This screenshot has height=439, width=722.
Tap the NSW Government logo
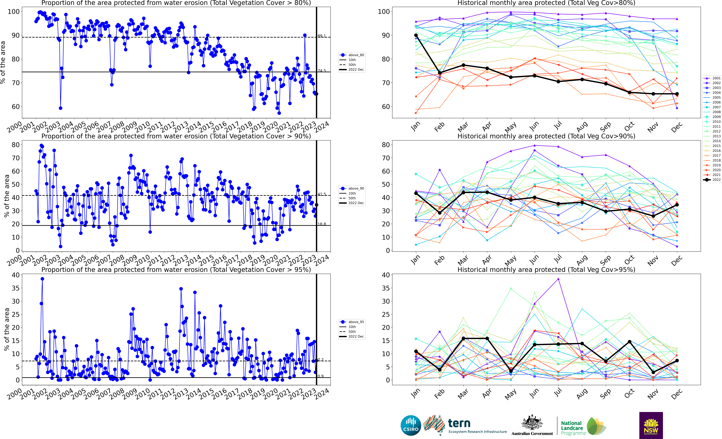click(651, 425)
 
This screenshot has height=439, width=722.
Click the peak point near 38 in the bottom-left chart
click(43, 279)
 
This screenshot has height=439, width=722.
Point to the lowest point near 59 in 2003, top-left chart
click(60, 108)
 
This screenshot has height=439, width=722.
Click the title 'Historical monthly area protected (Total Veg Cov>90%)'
click(546, 136)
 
